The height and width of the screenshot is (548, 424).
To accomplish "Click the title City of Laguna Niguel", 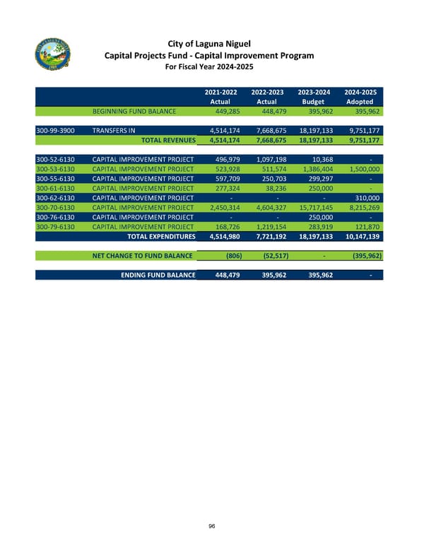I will [209, 42].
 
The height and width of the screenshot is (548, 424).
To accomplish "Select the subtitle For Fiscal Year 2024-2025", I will [209, 68].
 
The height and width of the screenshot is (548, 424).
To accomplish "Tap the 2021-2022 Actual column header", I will [220, 97].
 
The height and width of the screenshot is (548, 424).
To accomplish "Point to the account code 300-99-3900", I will [59, 131].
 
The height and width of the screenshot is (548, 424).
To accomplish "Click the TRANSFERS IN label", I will [113, 131].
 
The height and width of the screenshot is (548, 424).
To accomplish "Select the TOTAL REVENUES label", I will [168, 140].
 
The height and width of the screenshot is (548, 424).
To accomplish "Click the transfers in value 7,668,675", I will [264, 131].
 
